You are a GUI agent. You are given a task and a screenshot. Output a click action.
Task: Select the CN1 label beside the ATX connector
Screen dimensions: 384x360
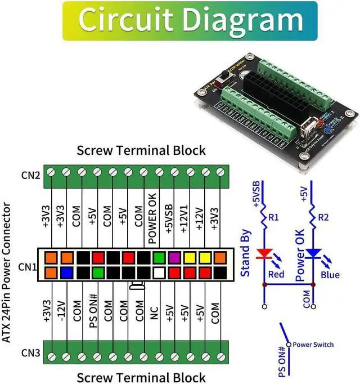click(29, 265)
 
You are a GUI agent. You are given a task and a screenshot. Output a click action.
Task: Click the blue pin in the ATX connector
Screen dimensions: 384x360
click(67, 273)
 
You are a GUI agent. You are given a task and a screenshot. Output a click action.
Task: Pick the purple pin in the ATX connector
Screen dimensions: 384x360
click(174, 258)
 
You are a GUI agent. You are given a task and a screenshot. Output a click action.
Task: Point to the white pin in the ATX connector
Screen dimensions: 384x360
click(159, 273)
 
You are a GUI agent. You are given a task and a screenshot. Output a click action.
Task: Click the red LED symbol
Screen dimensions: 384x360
click(263, 254)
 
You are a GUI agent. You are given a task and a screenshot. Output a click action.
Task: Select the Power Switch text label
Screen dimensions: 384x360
click(313, 345)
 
